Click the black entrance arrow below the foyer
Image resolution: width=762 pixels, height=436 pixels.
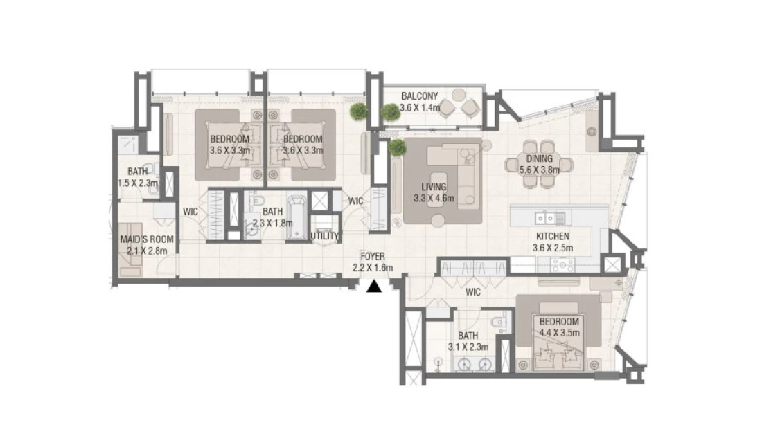coord(373,287)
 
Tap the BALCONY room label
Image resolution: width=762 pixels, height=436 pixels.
coord(420,96)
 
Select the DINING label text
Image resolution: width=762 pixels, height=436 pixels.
coord(540,158)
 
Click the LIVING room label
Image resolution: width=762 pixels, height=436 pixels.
coord(434,186)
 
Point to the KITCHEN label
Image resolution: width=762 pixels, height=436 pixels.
coord(553,237)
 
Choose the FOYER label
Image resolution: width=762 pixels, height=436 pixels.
coord(373,256)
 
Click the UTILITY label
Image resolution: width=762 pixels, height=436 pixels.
coord(324,236)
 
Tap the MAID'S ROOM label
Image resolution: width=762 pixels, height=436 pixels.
coord(147,239)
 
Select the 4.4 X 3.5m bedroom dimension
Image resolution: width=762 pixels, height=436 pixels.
coord(559,333)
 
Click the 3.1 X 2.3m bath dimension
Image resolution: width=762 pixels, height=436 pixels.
coord(468,347)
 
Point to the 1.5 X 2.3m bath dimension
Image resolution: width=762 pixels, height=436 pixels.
coord(138,183)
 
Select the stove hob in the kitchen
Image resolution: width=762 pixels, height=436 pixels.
coord(562,265)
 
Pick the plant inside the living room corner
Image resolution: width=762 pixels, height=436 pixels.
coord(397,147)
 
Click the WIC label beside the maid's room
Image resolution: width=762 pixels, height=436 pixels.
coord(190,212)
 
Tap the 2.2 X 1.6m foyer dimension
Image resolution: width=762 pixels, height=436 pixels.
coord(373,268)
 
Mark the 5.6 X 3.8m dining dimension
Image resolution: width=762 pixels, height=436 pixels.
coord(540,170)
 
